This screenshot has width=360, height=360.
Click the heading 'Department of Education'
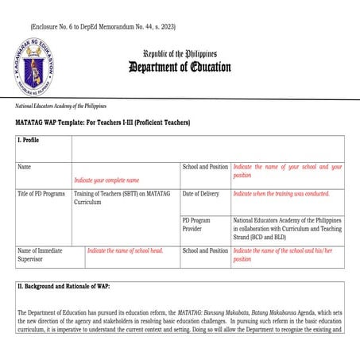click(180, 67)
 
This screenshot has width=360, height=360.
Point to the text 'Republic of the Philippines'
click(180, 53)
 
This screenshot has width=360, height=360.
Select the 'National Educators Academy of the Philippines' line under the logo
click(61, 106)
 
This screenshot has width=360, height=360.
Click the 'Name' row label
click(25, 168)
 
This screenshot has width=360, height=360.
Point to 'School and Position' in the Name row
click(205, 168)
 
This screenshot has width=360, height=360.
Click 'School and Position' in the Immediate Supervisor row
click(205, 250)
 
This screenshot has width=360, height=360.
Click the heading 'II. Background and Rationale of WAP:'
click(64, 285)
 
